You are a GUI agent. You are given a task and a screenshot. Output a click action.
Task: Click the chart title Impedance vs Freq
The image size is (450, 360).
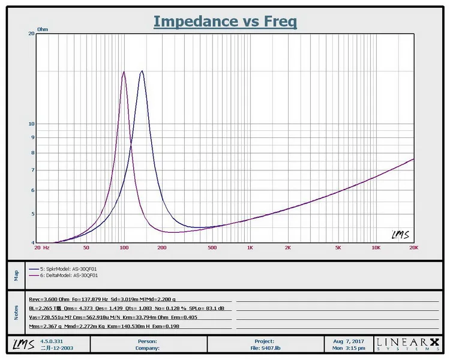tap(225, 22)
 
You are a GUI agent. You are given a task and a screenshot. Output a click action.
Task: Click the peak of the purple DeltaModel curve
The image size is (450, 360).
tap(124, 72)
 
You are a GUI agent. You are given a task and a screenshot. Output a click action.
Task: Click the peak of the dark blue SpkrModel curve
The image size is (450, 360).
tap(142, 71)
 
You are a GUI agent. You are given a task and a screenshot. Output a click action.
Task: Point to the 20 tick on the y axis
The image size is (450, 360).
tap(31, 34)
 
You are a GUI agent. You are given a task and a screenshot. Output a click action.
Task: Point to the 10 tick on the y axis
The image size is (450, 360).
tap(31, 124)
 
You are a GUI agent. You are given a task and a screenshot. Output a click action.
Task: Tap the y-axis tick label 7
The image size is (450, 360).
tap(32, 170)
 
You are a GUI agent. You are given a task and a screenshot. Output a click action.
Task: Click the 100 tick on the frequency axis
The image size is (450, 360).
tap(124, 247)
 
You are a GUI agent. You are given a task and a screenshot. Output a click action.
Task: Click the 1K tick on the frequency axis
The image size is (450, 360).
tap(250, 247)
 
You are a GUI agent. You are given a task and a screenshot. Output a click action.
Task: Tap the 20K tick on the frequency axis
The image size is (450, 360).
tap(413, 247)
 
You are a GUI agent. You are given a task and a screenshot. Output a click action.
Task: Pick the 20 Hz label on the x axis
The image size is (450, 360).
tap(41, 247)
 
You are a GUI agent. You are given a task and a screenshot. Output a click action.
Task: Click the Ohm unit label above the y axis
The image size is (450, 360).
tap(43, 29)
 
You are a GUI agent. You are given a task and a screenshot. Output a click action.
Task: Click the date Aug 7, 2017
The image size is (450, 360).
tap(349, 341)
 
